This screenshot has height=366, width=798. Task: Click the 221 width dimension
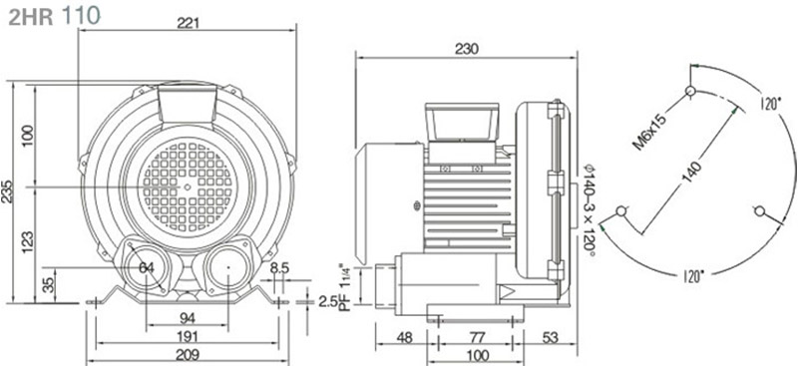click(x=188, y=23)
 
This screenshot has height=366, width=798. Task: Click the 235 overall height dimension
click(x=7, y=191)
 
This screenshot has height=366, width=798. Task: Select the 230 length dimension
click(x=467, y=49)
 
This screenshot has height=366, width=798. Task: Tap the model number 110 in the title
click(x=81, y=15)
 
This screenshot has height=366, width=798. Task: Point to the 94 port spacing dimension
click(x=188, y=318)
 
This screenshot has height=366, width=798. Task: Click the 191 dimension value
click(x=188, y=336)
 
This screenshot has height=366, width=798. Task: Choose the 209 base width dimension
click(x=188, y=354)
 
